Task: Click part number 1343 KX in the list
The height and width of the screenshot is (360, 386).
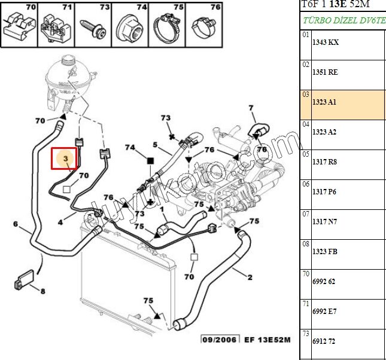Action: (325, 42)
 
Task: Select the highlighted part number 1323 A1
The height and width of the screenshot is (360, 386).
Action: (324, 102)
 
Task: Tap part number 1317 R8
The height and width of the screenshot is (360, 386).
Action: (324, 161)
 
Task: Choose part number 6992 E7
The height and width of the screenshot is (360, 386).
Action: (324, 311)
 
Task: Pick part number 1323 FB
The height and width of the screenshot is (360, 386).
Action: (325, 252)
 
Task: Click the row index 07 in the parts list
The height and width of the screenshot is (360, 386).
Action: (305, 214)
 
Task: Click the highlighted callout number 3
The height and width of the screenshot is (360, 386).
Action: (66, 159)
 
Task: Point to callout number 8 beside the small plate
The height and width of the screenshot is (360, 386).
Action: (42, 291)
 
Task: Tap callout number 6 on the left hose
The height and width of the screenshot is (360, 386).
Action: (15, 225)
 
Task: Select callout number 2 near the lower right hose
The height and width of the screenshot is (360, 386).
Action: (250, 277)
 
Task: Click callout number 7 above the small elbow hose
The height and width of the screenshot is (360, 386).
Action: (251, 108)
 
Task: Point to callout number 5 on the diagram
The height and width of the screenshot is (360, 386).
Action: (154, 144)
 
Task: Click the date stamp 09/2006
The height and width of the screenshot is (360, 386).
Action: (219, 340)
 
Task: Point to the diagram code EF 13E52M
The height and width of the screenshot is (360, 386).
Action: (267, 340)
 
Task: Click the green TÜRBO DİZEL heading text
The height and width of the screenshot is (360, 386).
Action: (344, 19)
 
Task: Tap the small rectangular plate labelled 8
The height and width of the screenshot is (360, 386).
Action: (25, 280)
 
